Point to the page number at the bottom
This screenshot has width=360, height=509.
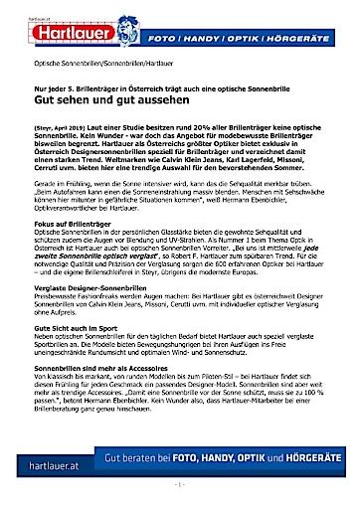179,486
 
